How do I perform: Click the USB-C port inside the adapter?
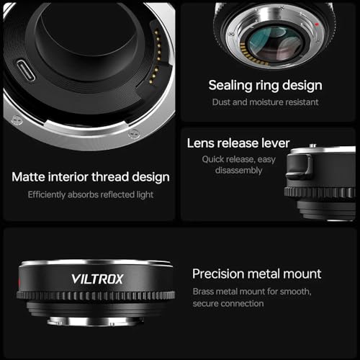click(26, 71)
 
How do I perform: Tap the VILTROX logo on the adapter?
click(97, 279)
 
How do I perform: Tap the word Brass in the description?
click(202, 292)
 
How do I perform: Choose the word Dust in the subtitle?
click(221, 102)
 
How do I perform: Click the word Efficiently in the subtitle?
click(47, 195)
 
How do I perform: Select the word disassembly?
click(238, 171)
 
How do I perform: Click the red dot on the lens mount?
click(317, 24)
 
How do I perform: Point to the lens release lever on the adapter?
click(300, 167)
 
